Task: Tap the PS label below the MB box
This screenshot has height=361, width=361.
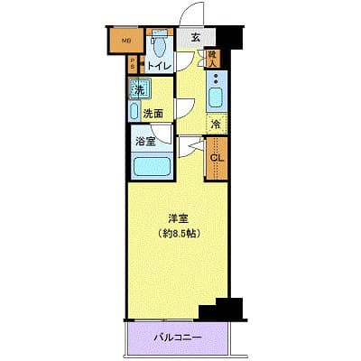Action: click(x=132, y=64)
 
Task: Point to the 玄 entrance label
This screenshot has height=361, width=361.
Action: click(x=196, y=39)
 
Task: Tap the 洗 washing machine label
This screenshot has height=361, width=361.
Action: click(x=138, y=89)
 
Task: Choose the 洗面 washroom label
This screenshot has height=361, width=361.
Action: click(x=153, y=114)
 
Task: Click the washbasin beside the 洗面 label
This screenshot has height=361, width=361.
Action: click(x=133, y=113)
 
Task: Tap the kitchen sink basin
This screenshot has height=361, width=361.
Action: click(x=216, y=97)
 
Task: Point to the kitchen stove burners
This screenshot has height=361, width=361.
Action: click(x=216, y=79)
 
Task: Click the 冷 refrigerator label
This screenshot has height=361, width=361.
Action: click(x=216, y=124)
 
